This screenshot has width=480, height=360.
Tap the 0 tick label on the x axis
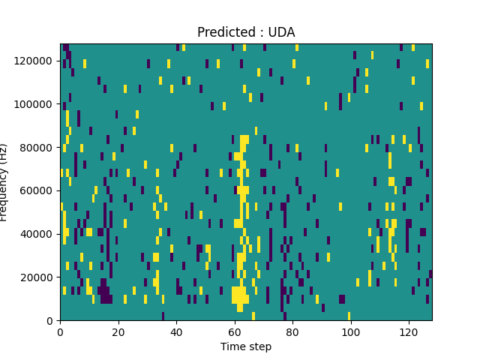[60, 331]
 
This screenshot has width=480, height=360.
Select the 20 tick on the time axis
[118, 331]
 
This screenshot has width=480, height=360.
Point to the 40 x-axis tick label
[176, 331]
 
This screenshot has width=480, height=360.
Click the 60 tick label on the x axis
[234, 331]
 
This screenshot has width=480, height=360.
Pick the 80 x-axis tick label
[292, 331]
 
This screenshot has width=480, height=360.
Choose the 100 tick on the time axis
[350, 331]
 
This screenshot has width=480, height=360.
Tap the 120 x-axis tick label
[409, 331]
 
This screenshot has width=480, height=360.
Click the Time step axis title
[246, 346]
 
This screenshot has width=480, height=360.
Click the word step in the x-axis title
[259, 347]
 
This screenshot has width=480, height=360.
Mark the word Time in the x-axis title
[232, 346]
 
